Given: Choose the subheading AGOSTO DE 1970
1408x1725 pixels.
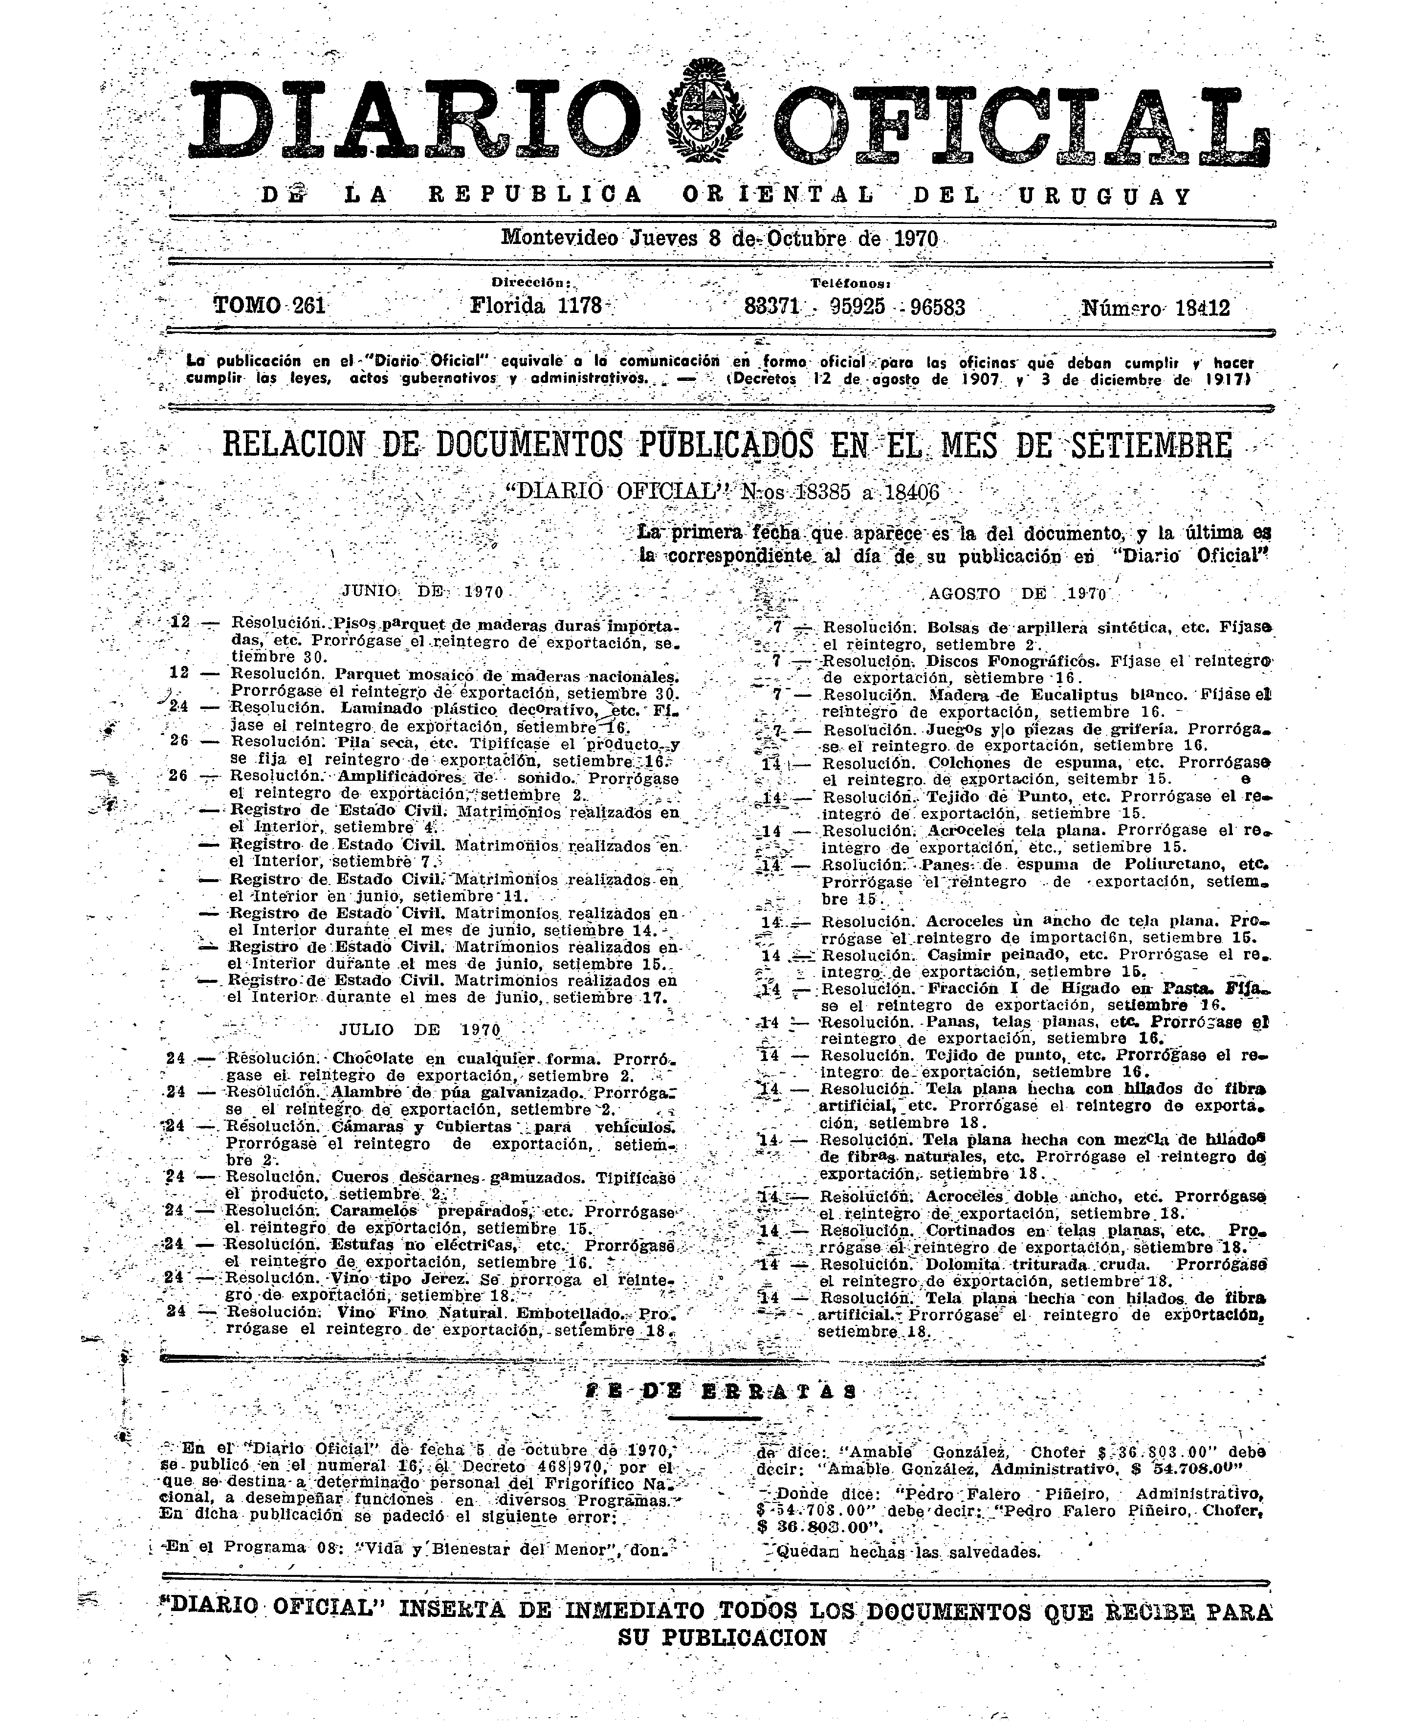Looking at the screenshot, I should click(x=1018, y=593).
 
